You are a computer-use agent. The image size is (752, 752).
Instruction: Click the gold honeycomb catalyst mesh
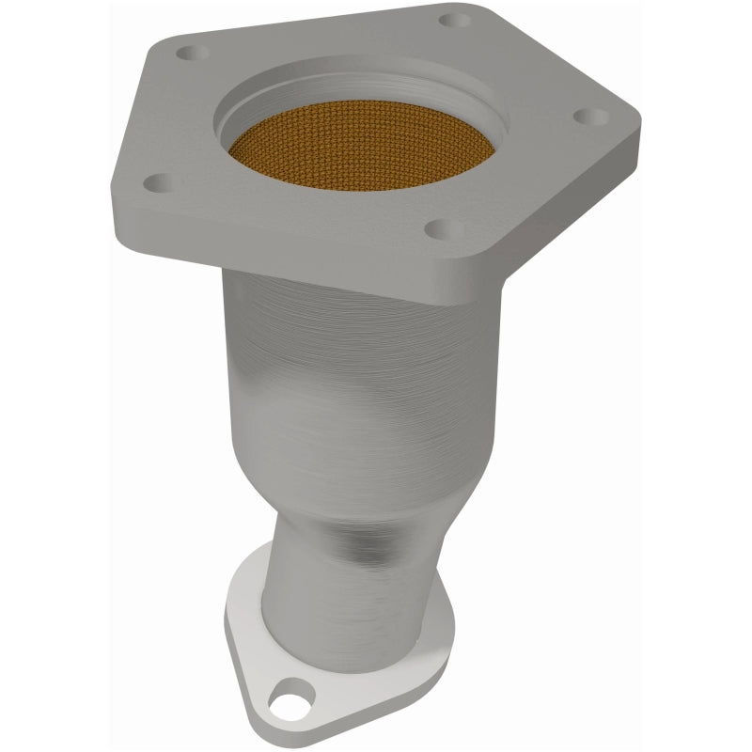[362, 146]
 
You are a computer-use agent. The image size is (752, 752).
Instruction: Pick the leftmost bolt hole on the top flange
[156, 182]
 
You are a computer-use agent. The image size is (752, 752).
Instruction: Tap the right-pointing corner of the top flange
[637, 122]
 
